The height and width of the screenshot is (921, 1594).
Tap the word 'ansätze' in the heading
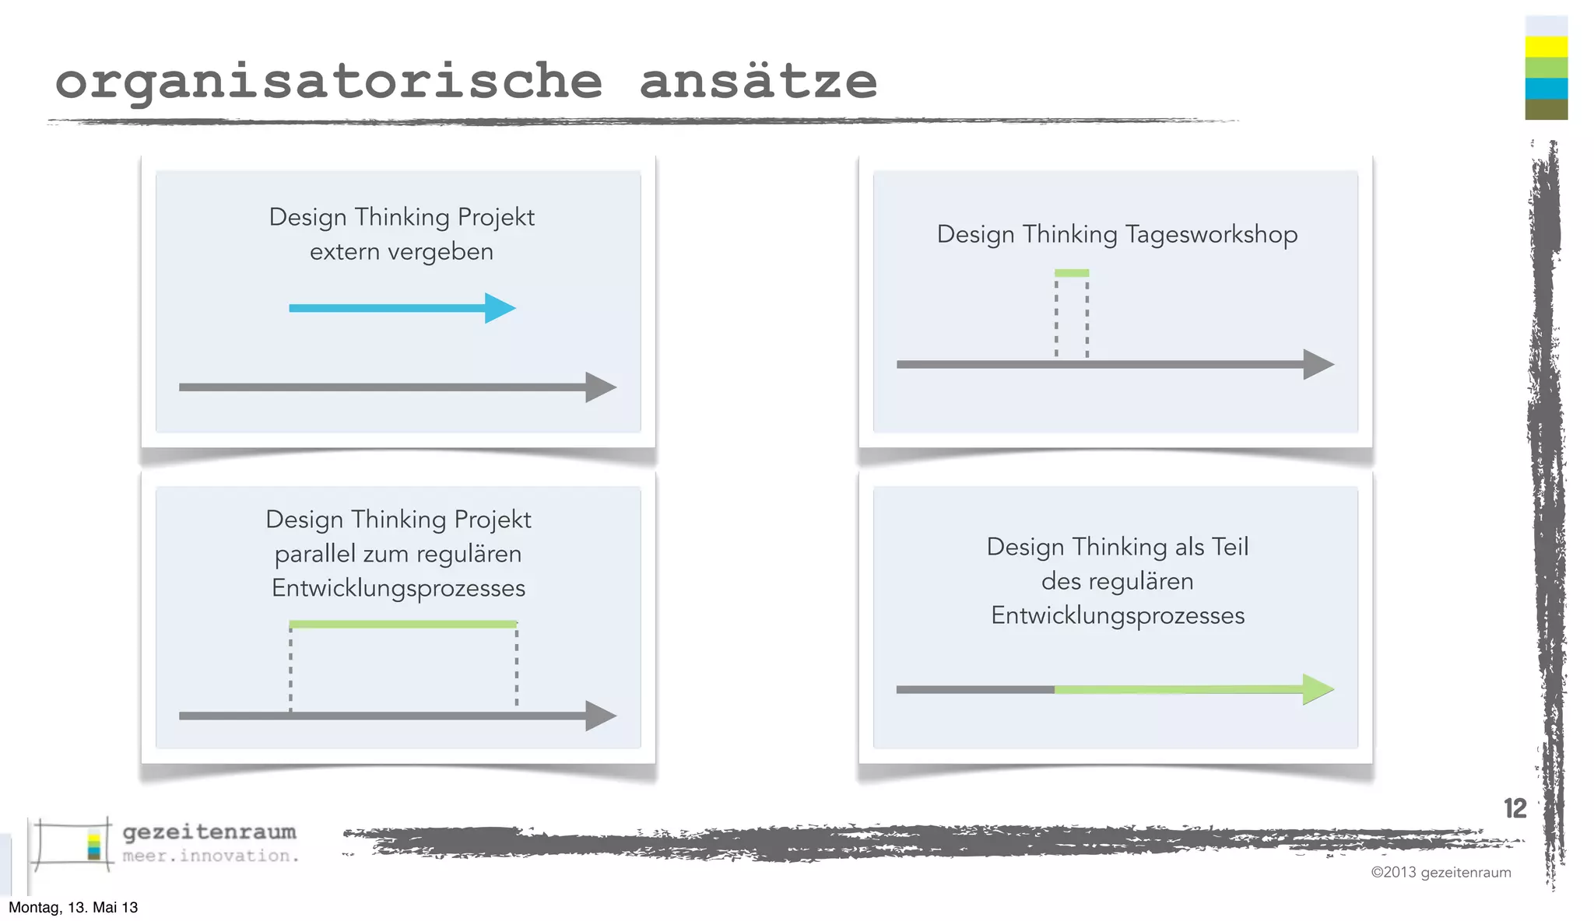pos(758,81)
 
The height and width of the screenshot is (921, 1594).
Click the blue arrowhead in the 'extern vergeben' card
pos(499,308)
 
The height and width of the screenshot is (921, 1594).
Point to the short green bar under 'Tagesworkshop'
pos(1072,273)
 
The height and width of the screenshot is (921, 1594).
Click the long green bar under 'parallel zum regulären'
pos(402,624)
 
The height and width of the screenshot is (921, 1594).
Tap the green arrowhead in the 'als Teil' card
pos(1317,689)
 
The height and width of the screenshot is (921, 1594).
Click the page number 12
pos(1515,809)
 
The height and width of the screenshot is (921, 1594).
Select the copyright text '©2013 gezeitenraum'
pos(1441,872)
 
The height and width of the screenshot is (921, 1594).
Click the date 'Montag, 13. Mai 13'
pos(73,907)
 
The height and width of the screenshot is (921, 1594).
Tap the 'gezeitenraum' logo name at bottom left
pos(209,832)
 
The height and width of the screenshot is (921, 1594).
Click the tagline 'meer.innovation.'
pos(211,856)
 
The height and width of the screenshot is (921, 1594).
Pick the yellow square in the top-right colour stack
pos(1546,47)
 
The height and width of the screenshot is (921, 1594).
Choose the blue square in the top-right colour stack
pos(1546,89)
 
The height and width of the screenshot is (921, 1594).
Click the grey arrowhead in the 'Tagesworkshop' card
pos(1318,364)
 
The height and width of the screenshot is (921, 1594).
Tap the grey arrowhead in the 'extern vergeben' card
pos(600,387)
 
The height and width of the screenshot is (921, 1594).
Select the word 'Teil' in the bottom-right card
pos(1230,547)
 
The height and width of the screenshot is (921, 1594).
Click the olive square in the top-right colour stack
pos(1546,110)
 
